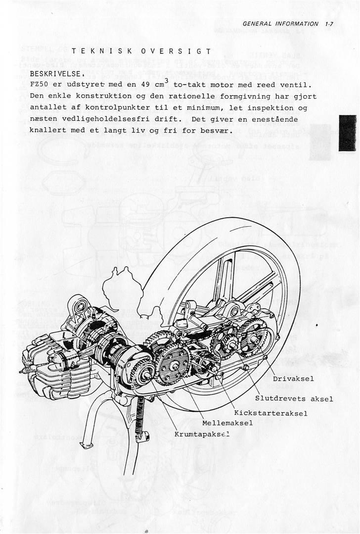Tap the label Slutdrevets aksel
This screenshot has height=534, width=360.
coord(294,398)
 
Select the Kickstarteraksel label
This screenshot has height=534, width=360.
coord(271,412)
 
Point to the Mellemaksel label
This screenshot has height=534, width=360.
coord(227,423)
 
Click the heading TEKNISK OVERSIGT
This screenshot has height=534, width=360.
coord(141,51)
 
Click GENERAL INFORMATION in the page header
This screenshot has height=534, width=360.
coord(281,23)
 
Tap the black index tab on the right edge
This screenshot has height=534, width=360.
coord(347,133)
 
